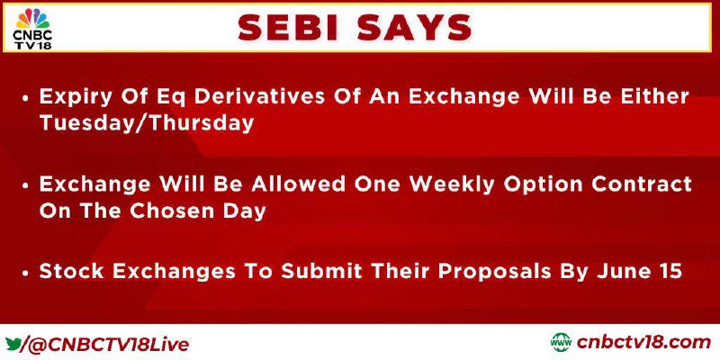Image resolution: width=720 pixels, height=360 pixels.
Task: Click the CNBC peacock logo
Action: coord(32,18)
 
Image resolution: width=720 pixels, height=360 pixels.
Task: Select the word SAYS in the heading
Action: coord(415,28)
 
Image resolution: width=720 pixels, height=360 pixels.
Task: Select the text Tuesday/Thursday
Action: coord(147,123)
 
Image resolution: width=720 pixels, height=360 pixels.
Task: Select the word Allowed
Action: coord(290,184)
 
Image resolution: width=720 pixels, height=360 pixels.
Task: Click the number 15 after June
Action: coord(667,272)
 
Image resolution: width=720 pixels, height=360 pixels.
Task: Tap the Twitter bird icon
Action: coord(13,344)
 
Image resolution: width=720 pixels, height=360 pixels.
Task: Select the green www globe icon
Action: coord(561,343)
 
